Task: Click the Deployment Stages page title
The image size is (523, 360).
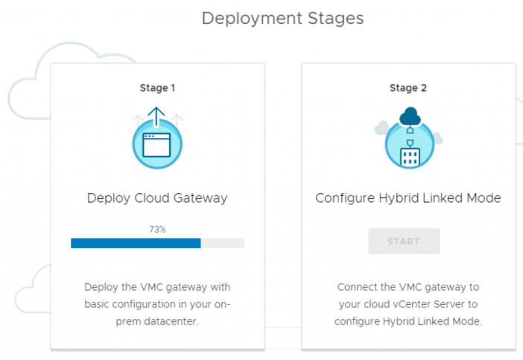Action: (282, 18)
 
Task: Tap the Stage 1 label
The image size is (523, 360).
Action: (157, 88)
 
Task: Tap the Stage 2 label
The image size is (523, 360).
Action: (408, 88)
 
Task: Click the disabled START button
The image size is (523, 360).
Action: (404, 241)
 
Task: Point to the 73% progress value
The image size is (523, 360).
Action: (157, 230)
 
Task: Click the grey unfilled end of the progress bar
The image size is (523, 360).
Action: (223, 243)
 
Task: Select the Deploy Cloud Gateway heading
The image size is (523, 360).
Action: (157, 198)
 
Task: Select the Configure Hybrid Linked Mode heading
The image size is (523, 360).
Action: (408, 198)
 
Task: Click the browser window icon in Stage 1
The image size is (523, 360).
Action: (157, 145)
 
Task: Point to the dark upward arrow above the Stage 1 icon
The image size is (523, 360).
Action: (156, 116)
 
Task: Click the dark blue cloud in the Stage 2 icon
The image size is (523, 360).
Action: (410, 116)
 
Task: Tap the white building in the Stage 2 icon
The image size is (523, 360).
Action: (410, 156)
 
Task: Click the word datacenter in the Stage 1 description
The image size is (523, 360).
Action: (183, 322)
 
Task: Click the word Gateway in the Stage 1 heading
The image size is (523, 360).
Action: (199, 198)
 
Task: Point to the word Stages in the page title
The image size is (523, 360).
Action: (336, 18)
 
